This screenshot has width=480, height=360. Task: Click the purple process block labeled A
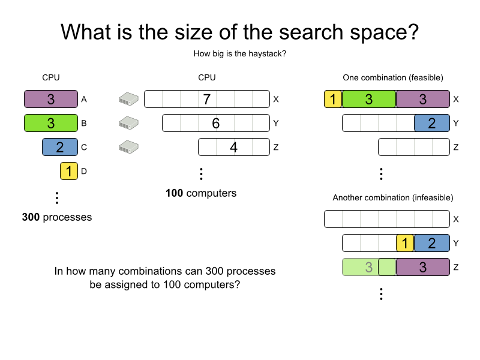click(x=51, y=99)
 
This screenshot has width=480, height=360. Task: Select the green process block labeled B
click(x=51, y=123)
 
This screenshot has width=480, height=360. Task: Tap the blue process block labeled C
click(x=60, y=147)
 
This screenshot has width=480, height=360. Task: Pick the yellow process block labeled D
click(x=69, y=171)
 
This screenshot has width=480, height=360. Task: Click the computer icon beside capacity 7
click(x=128, y=99)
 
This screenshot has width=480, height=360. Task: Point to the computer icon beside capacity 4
click(x=128, y=147)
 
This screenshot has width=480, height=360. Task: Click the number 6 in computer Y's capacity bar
click(x=216, y=124)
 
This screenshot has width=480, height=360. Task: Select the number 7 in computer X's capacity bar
click(x=207, y=100)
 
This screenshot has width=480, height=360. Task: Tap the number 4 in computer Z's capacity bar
click(x=234, y=148)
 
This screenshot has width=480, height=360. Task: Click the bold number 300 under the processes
click(x=31, y=217)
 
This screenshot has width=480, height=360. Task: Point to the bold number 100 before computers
click(x=175, y=193)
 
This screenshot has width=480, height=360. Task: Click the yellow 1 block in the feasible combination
click(x=333, y=99)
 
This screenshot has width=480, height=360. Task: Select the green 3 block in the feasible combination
click(x=369, y=99)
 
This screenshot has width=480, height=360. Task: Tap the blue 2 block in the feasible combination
click(x=432, y=123)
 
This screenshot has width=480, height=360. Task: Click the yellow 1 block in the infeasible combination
click(x=405, y=243)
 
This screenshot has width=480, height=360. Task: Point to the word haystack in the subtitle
click(x=266, y=54)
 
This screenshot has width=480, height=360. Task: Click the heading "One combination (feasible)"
click(x=393, y=77)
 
